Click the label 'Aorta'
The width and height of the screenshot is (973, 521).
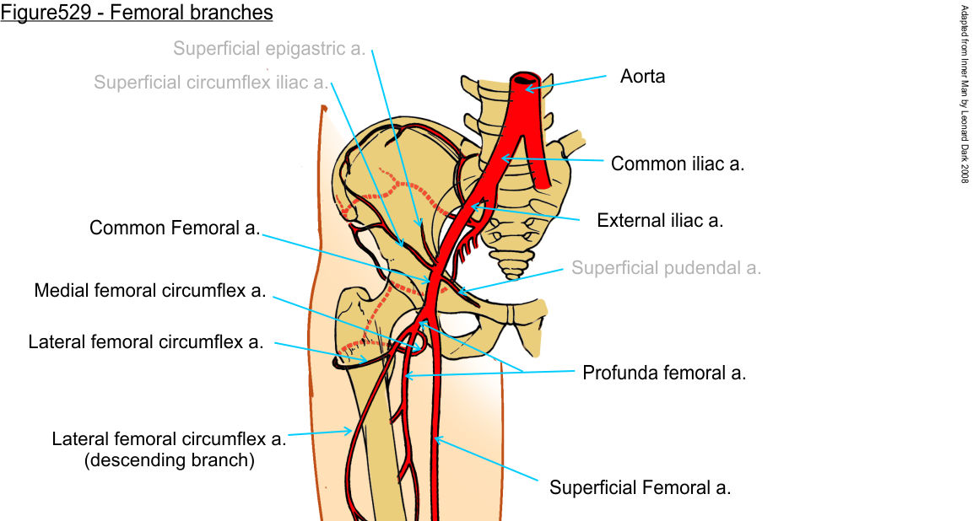point(642,77)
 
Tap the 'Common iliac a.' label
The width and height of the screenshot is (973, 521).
point(677,164)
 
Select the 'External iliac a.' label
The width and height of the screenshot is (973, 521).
point(660,221)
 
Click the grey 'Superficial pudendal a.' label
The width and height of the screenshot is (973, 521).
point(666,268)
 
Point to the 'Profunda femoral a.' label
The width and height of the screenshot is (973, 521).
point(664,373)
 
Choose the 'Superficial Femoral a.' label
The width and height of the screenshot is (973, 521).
point(640,487)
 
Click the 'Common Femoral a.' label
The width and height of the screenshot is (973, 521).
point(175,228)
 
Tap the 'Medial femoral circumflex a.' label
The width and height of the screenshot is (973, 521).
point(150,291)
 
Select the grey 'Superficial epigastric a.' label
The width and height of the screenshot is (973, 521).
point(269,48)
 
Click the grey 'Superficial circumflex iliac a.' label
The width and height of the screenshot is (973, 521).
point(211,82)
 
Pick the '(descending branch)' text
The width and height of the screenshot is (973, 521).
point(170,460)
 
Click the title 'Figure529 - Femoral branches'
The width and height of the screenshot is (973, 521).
point(137,13)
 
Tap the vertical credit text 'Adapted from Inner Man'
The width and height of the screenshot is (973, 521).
point(964,93)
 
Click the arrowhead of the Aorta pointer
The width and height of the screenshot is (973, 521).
point(527,87)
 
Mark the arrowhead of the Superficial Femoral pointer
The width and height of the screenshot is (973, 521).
point(435,438)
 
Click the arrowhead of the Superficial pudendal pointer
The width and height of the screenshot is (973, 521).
point(461,293)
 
